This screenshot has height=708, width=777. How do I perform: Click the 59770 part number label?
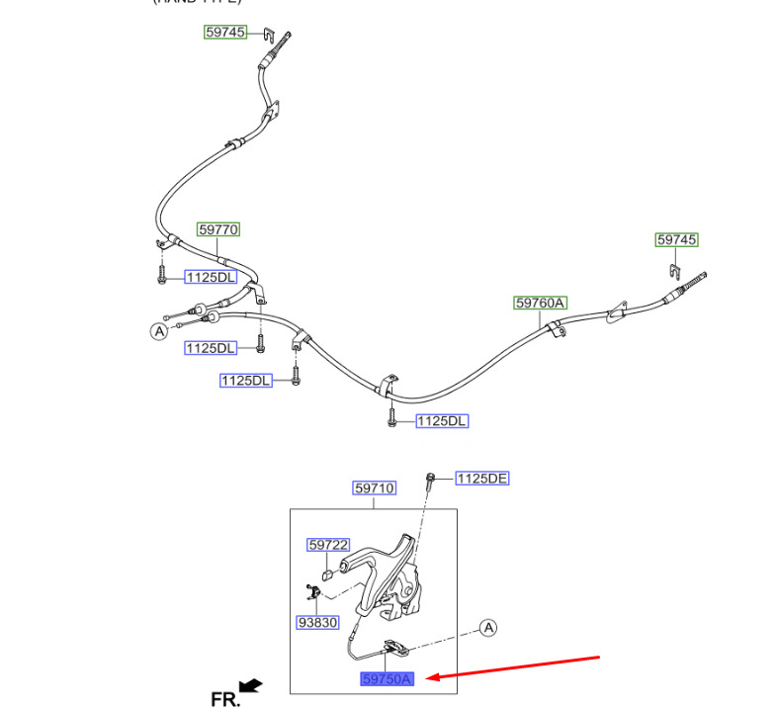click(218, 229)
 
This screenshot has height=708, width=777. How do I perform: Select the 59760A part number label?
click(540, 303)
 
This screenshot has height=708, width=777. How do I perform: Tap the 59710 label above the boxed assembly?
click(375, 488)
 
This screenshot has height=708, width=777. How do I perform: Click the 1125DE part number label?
click(482, 479)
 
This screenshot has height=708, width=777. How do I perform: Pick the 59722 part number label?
click(328, 545)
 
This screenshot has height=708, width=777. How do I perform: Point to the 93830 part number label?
click(317, 623)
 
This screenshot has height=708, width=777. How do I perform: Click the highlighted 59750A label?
click(388, 679)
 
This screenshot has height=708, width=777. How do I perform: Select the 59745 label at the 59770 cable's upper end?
click(225, 32)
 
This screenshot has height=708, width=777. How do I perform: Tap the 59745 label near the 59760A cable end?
click(677, 240)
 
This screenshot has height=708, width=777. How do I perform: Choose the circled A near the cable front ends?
click(158, 331)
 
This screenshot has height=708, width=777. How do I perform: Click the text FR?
click(225, 699)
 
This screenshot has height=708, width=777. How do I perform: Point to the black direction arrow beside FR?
click(251, 684)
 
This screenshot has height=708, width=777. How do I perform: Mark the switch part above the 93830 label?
click(313, 594)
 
